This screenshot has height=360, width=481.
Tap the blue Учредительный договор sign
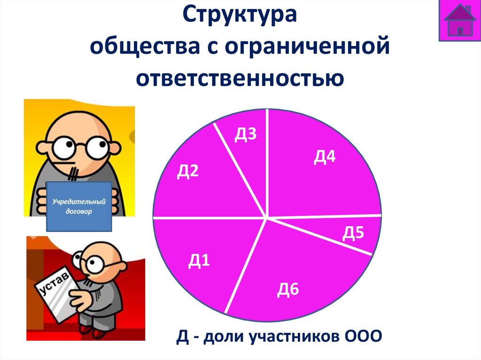point(79,207)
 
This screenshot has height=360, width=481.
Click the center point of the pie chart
point(267,218)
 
